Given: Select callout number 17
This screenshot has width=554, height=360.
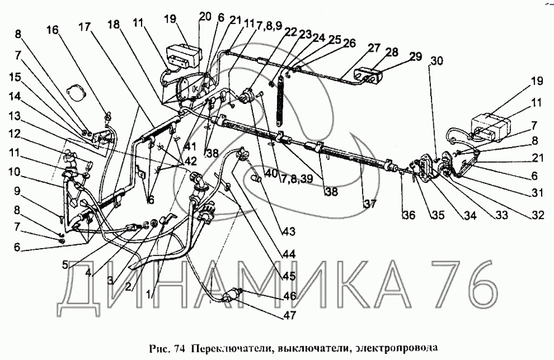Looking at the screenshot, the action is (x=85, y=26).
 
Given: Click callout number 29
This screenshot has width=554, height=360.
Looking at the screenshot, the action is (x=415, y=56).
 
